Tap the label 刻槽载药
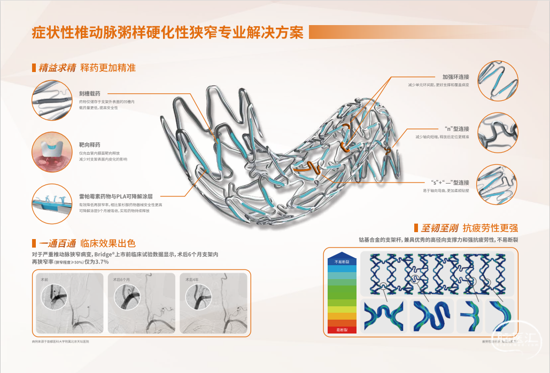pos(90,93)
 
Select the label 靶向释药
pos(90,145)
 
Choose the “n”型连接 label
pos(456,129)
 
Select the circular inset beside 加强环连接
pos(497,80)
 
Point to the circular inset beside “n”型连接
pos(497,132)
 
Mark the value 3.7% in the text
pos(101,262)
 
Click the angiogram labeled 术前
pos(69,303)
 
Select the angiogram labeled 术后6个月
pos(141,303)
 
